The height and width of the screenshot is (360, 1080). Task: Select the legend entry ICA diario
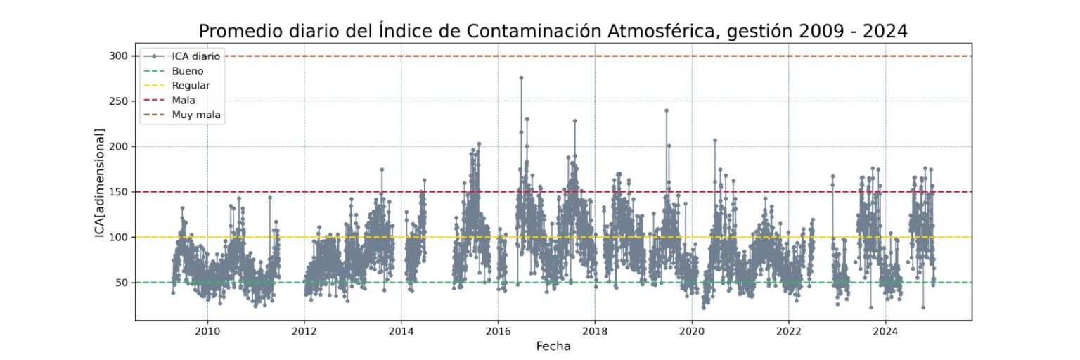[x=196, y=56]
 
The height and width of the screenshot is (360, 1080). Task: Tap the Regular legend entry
[x=191, y=85]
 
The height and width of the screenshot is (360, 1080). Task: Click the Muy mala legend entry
[x=198, y=114]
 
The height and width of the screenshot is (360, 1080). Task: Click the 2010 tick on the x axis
[x=207, y=331]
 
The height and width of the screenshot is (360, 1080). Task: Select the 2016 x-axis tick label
[x=498, y=331]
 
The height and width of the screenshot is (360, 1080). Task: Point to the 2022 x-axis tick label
[x=789, y=331]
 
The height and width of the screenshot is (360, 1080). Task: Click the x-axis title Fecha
[x=553, y=347]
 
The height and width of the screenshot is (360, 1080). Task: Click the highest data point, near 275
[x=521, y=78]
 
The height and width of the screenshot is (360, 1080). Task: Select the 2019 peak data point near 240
[x=667, y=110]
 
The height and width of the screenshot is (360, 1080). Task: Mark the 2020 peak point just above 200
[x=715, y=140]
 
